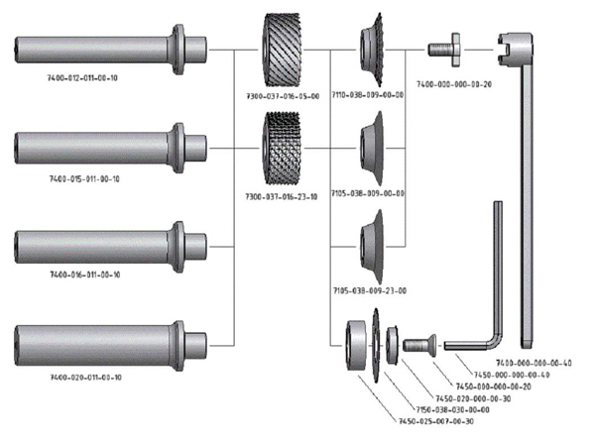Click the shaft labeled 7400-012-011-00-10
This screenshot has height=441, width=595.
99,47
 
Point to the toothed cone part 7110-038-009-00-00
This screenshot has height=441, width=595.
372,50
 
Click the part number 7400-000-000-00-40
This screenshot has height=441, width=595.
535,363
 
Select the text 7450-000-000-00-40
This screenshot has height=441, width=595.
510,375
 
